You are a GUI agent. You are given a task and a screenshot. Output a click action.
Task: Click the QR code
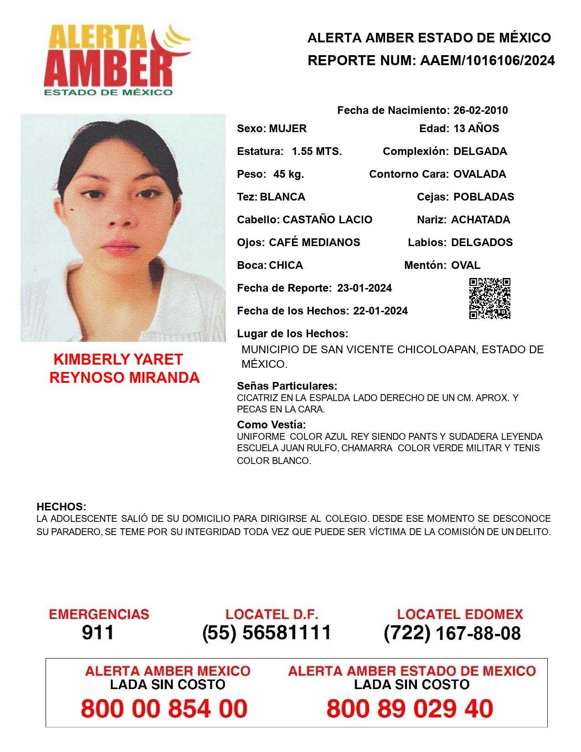tap(489, 299)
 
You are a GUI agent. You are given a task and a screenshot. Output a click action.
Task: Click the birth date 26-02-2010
tap(480, 110)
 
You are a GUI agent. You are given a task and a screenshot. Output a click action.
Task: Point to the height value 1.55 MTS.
tap(317, 151)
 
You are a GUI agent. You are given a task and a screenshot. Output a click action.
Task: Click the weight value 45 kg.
tap(288, 174)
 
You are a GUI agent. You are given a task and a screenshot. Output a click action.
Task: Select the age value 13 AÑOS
tap(476, 129)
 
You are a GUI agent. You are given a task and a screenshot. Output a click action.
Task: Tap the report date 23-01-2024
tap(364, 288)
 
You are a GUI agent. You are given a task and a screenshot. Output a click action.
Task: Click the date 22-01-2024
tap(380, 311)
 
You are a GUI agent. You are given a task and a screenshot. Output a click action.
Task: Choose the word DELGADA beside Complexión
tap(480, 151)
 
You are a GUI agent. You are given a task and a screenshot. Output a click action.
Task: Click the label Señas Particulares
tap(287, 386)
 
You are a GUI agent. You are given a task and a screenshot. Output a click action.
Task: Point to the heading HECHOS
tap(61, 506)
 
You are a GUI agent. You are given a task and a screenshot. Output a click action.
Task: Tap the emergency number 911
tap(98, 633)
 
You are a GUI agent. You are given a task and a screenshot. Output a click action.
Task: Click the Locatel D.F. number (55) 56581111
tap(267, 633)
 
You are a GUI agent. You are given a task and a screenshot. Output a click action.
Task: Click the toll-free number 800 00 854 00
tap(164, 708)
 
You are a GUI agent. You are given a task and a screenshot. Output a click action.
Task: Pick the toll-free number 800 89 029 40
tap(410, 708)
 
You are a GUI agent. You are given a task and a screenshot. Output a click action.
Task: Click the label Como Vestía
tap(271, 424)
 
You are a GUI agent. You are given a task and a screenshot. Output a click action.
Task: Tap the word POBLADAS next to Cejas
tap(483, 197)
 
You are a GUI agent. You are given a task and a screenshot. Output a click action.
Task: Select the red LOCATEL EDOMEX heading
tap(460, 614)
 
